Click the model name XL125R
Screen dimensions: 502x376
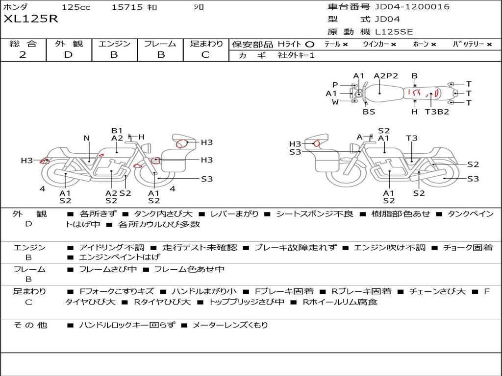(30, 19)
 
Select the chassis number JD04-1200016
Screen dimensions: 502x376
(412, 7)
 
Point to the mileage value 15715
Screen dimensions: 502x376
(127, 7)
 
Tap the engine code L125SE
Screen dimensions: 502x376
(394, 32)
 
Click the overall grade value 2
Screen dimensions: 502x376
(23, 55)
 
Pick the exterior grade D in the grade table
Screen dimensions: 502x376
(69, 55)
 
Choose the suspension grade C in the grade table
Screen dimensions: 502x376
(205, 55)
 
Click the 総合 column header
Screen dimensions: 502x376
(23, 44)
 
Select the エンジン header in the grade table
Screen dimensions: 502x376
(114, 44)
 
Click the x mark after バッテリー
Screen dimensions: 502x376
(489, 45)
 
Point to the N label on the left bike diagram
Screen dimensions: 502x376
(87, 139)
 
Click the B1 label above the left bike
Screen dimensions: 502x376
(117, 131)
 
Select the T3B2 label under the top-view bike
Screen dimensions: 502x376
(437, 112)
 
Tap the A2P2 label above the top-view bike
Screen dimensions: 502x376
(386, 76)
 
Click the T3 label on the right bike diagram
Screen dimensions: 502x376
(412, 139)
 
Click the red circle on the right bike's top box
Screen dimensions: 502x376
(317, 143)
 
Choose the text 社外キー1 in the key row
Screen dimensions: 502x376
(296, 55)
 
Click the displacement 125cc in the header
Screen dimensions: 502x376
(76, 7)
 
